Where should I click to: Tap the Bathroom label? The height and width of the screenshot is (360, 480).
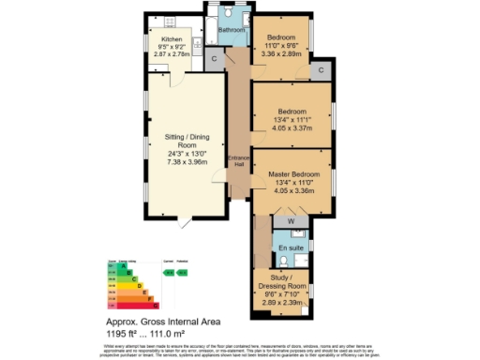coord(232,30)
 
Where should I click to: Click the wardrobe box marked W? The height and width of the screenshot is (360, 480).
coord(291,221)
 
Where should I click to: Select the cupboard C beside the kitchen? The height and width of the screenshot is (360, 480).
coord(214,58)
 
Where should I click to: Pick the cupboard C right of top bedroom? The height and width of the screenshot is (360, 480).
coord(321,70)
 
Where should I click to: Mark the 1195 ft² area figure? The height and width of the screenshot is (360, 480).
coord(120,333)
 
